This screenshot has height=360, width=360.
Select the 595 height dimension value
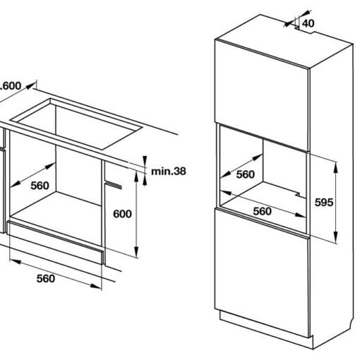tap(324, 202)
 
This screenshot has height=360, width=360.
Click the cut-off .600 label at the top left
tap(10, 85)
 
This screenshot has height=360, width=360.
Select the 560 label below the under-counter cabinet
tap(45, 277)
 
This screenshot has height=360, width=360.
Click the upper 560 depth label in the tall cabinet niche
tap(245, 174)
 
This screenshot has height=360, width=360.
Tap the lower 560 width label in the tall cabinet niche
tap(262, 210)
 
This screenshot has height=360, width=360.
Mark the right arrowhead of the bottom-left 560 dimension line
tap(96, 285)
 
